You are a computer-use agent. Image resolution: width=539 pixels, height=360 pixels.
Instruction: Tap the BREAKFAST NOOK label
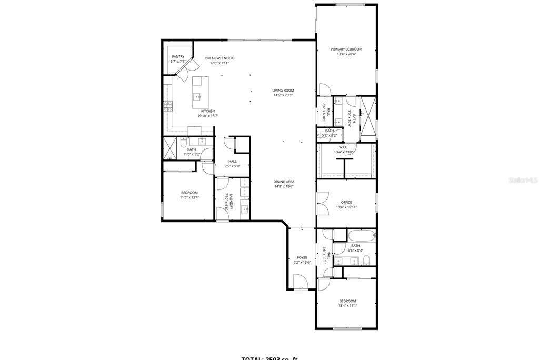point(219,58)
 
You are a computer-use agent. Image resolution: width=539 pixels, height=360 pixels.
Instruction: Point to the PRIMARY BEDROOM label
point(346,49)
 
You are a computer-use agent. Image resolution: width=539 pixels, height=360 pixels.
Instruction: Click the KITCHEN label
point(207,111)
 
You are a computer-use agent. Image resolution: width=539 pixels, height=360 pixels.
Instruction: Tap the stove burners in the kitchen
point(168,107)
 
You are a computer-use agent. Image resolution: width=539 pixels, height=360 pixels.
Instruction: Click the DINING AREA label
point(284,181)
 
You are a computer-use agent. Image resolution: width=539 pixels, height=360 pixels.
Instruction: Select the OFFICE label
point(346,202)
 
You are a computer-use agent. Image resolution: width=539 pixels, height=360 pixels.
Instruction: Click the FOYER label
point(302,257)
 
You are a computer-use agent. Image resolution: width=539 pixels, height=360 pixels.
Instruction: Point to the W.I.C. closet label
point(343,147)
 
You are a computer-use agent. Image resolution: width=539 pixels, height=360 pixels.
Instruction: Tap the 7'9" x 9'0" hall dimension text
point(232,166)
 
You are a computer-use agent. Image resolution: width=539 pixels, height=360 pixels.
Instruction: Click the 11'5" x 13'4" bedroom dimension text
point(189,198)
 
